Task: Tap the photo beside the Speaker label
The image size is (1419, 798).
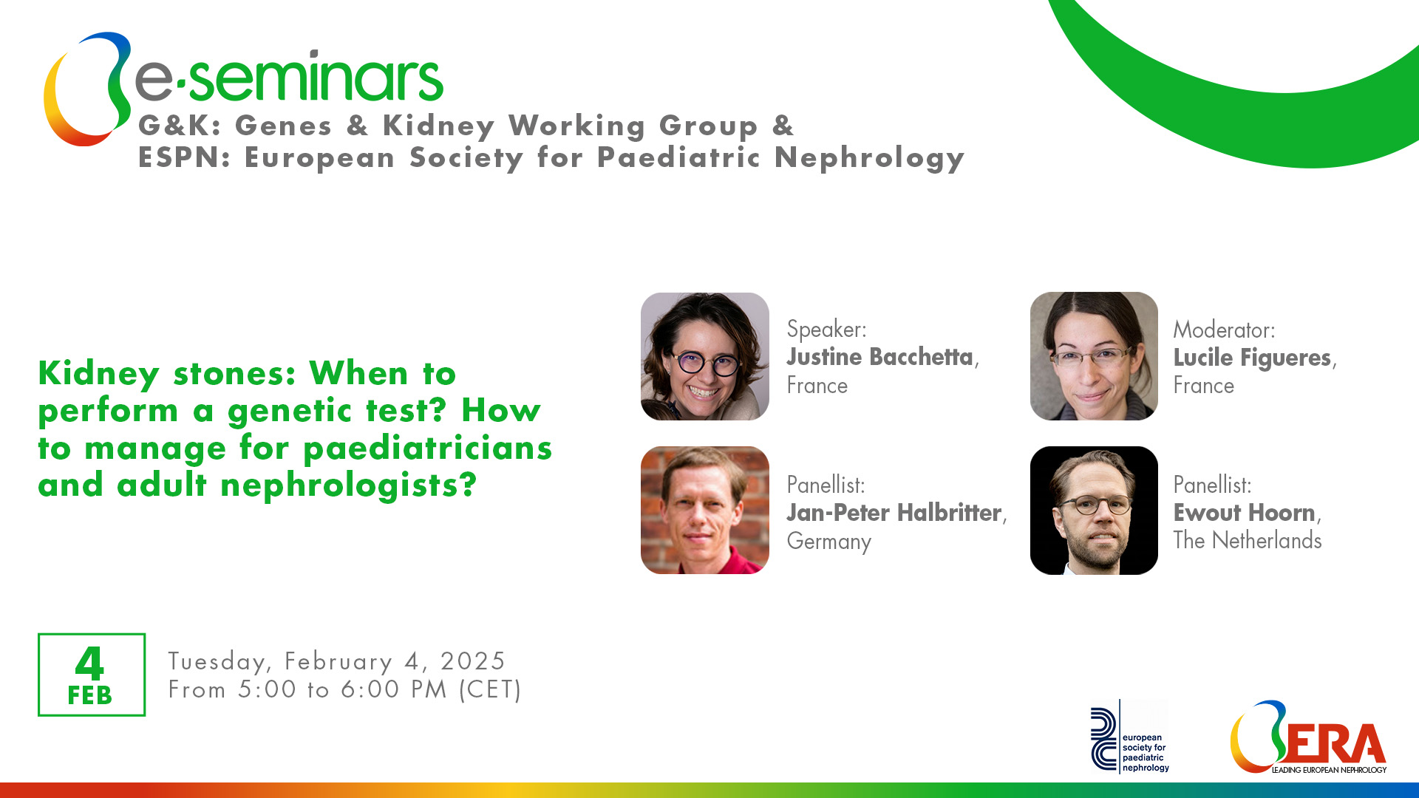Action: coord(705,356)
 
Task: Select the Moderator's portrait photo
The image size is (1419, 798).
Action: coord(1094,356)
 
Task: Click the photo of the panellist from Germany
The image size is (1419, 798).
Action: coord(705,510)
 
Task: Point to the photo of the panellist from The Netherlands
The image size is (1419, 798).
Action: coord(1094,510)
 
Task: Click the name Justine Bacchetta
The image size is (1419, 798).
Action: coord(879,357)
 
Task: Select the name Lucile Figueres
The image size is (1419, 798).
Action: coord(1252,358)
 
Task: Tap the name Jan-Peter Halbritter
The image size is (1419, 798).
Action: coord(894,512)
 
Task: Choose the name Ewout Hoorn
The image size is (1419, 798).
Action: coord(1245,512)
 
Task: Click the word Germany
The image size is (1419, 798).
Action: coord(829,542)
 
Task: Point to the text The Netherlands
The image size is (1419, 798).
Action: coord(1248,540)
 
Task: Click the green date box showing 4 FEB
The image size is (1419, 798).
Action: coord(92,675)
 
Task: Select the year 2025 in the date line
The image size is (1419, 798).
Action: coord(473,661)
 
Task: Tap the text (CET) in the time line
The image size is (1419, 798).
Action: coord(491,689)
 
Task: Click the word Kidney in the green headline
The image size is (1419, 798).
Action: coord(99,374)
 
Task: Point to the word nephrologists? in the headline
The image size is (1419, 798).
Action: coord(349,485)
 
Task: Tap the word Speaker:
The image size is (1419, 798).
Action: coord(826,329)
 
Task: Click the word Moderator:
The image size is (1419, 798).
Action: coord(1224,330)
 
